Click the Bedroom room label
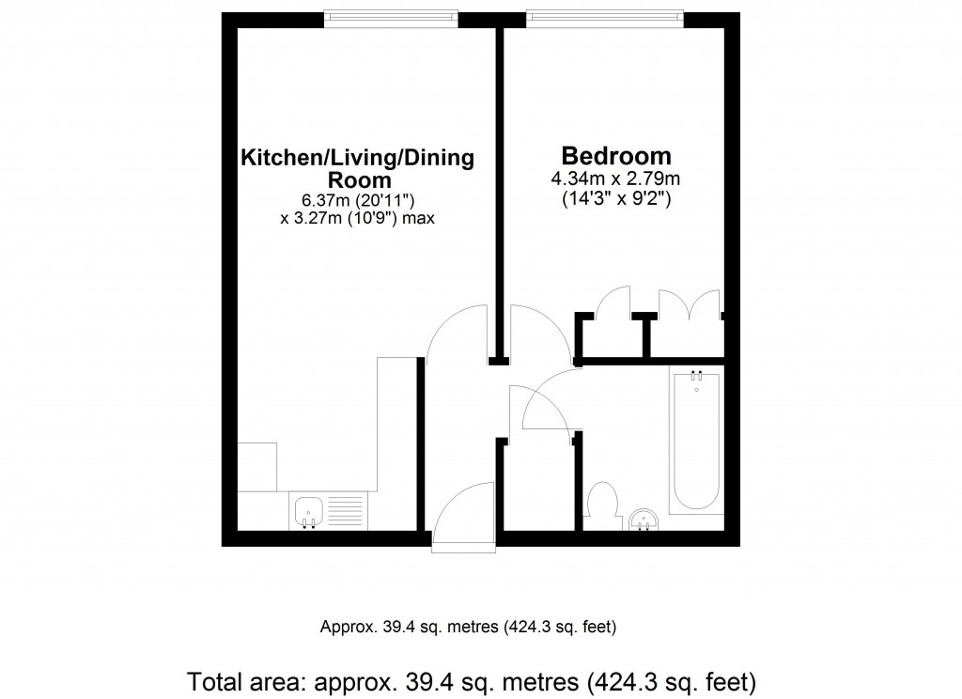[616, 155]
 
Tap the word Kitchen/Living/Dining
[358, 157]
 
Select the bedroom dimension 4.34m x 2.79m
[616, 179]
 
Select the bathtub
[696, 440]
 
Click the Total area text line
[472, 678]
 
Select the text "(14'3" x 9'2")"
[616, 199]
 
